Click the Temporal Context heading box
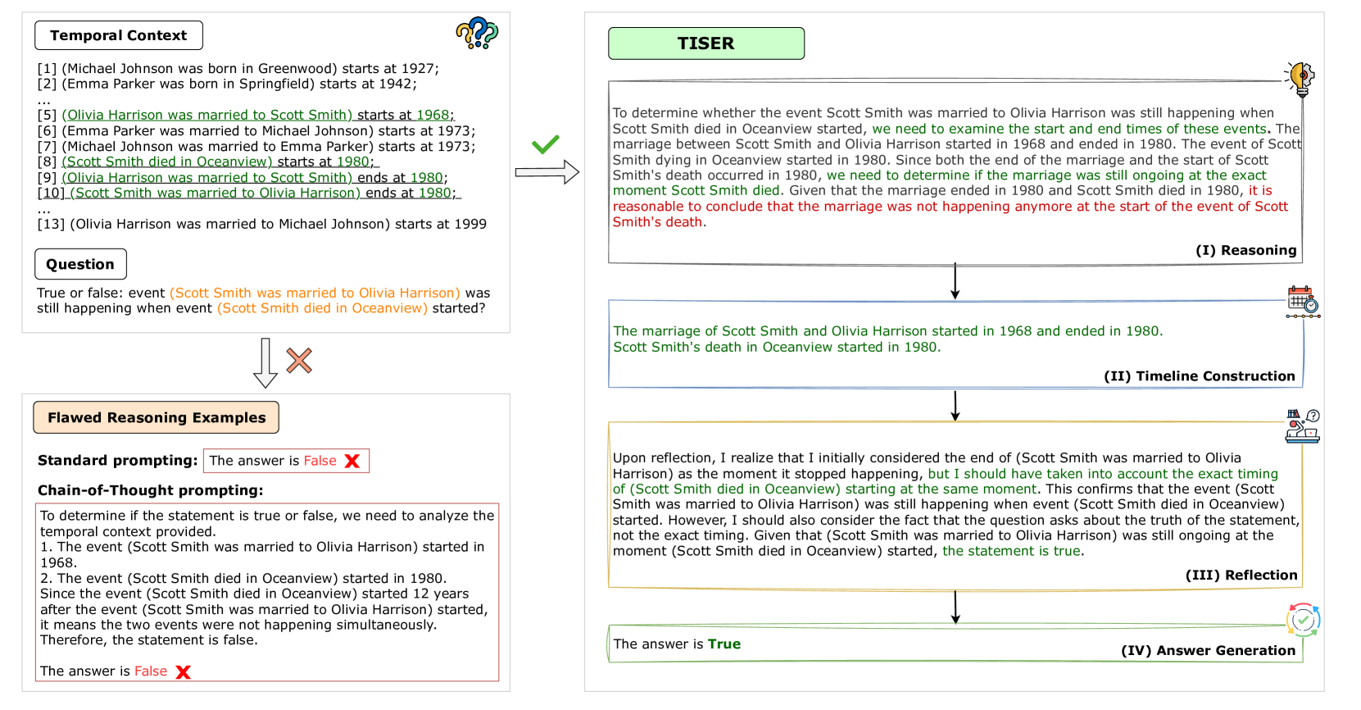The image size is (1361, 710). tap(119, 35)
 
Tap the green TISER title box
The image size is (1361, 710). tap(705, 43)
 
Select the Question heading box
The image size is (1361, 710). tap(80, 264)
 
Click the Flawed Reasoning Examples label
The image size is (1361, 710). tap(156, 417)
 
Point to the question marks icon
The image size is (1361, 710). tap(477, 33)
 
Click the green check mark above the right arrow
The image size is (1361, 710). tap(545, 144)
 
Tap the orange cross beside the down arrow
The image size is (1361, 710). tap(299, 360)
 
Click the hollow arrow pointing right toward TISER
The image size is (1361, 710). tap(547, 172)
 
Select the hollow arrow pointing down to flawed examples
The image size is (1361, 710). tap(265, 362)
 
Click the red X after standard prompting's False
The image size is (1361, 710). tap(352, 461)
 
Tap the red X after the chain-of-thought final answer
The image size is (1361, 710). tap(184, 672)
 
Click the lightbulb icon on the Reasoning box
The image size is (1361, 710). tap(1300, 78)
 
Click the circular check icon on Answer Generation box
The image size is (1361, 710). tap(1303, 620)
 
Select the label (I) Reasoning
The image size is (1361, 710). tap(1245, 250)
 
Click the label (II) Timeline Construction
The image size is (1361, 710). tap(1199, 375)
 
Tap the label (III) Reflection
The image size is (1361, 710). tap(1241, 575)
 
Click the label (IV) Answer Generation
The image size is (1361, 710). tap(1208, 650)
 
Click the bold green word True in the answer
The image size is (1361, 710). tap(724, 644)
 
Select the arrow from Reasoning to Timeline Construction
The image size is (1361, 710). tap(955, 281)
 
